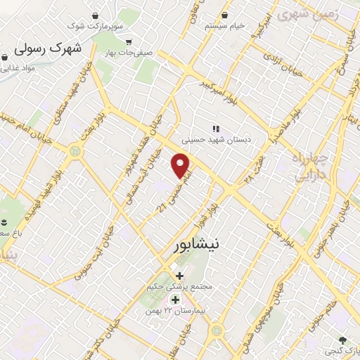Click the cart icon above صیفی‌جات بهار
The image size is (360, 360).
click(x=128, y=41)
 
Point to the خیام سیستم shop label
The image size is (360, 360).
click(x=224, y=25)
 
